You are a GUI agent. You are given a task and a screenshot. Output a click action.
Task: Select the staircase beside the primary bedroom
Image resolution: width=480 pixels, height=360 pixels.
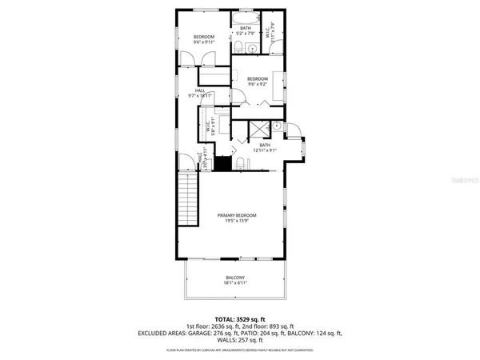pyautogui.click(x=188, y=203)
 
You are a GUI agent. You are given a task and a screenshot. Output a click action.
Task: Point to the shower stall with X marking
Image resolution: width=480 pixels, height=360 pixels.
pyautogui.click(x=258, y=128)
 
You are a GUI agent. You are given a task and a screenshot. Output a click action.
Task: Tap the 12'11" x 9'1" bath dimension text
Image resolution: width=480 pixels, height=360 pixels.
pyautogui.click(x=265, y=150)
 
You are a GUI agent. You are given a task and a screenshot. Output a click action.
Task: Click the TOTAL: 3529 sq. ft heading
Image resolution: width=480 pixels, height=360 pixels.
pyautogui.click(x=239, y=319)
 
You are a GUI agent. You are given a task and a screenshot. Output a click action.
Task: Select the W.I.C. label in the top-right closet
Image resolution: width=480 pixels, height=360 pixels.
pyautogui.click(x=274, y=35)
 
